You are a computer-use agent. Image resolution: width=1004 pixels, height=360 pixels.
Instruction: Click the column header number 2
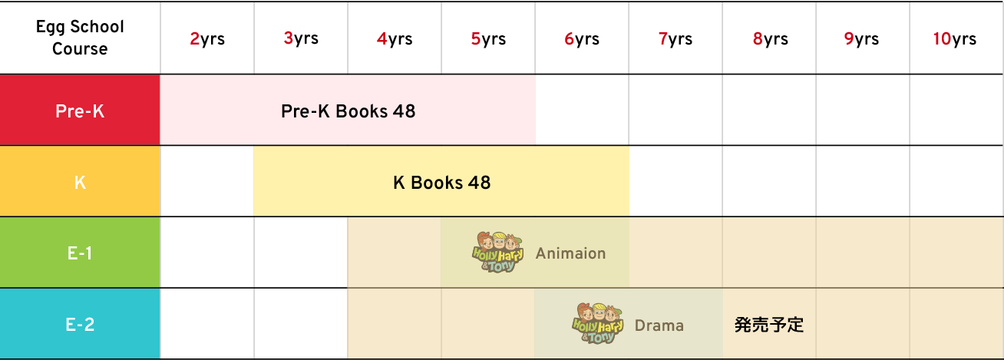[x=195, y=39]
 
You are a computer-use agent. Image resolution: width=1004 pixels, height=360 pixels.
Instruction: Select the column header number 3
[x=289, y=38]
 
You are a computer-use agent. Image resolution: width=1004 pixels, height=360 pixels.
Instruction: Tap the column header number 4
[x=382, y=39]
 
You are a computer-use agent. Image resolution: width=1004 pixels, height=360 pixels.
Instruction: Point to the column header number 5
[x=476, y=39]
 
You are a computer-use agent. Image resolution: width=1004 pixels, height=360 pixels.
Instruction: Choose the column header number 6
[x=570, y=39]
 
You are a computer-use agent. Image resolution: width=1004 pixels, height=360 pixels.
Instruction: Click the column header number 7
[x=663, y=39]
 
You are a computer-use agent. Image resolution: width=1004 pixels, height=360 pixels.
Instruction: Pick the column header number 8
[x=758, y=39]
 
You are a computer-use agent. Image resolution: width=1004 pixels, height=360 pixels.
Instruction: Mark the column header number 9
[x=849, y=39]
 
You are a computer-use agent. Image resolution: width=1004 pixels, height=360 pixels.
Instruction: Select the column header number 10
[x=943, y=39]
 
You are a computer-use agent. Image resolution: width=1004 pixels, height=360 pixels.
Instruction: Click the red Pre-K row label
[x=80, y=111]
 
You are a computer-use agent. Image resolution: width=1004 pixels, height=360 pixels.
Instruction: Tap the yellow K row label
[x=80, y=183]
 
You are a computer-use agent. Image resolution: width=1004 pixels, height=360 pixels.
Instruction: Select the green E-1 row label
[x=80, y=253]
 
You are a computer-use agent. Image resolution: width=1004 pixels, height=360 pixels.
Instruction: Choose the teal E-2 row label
[x=80, y=325]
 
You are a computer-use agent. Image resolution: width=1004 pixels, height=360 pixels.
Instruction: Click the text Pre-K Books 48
[x=348, y=111]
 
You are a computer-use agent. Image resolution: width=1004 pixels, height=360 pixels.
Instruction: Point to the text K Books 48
[x=441, y=183]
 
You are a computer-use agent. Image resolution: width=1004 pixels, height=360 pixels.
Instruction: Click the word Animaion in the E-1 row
[x=570, y=253]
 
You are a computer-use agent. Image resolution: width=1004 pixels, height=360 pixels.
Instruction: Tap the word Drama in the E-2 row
[x=659, y=325]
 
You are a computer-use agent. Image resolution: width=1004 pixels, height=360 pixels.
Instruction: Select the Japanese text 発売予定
[x=768, y=325]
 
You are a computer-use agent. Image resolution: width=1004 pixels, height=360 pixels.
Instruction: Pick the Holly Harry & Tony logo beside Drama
[x=597, y=322]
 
